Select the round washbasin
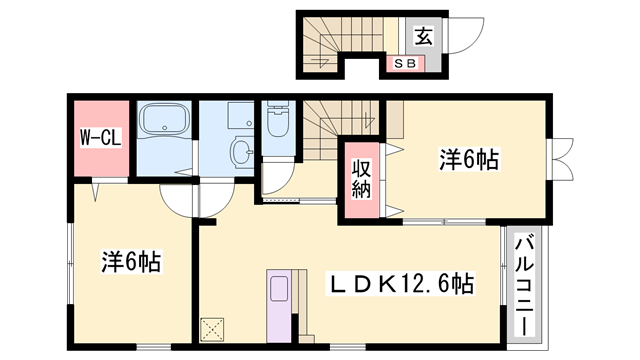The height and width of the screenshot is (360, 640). click(x=241, y=152)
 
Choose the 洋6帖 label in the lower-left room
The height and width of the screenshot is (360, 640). click(x=131, y=262)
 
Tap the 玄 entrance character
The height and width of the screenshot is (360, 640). click(x=423, y=37)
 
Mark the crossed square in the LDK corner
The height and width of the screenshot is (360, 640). click(x=214, y=330)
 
